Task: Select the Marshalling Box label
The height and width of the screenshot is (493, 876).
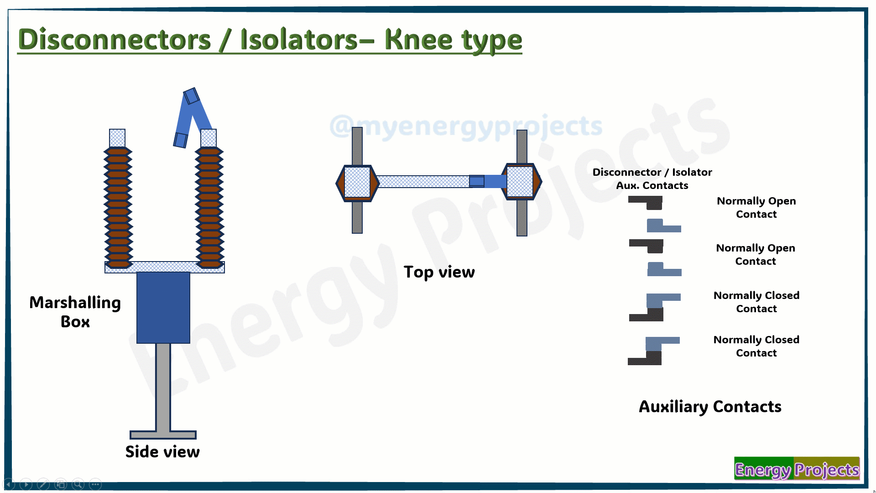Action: pyautogui.click(x=75, y=312)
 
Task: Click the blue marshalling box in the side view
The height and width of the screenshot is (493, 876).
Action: pyautogui.click(x=163, y=308)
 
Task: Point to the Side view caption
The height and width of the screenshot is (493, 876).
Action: pyautogui.click(x=162, y=451)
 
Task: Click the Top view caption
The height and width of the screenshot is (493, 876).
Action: pyautogui.click(x=439, y=272)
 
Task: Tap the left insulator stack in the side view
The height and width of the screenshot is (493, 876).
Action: pyautogui.click(x=118, y=207)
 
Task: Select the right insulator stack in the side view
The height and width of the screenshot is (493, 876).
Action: pyautogui.click(x=209, y=207)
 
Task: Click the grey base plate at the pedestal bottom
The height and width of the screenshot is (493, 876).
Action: pyautogui.click(x=163, y=435)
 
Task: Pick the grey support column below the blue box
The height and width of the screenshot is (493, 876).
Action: pyautogui.click(x=163, y=387)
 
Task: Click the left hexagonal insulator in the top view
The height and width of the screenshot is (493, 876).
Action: pyautogui.click(x=357, y=183)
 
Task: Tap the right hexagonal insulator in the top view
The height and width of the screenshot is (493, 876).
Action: pyautogui.click(x=521, y=182)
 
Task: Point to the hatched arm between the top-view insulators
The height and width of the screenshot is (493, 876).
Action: pyautogui.click(x=423, y=182)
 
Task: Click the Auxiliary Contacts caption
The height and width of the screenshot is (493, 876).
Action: pyautogui.click(x=710, y=407)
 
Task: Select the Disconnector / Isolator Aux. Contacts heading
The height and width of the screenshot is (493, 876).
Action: pyautogui.click(x=652, y=178)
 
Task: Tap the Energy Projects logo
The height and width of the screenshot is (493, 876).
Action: pyautogui.click(x=797, y=469)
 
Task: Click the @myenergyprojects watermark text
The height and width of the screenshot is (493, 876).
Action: pyautogui.click(x=466, y=126)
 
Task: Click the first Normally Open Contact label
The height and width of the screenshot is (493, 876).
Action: pyautogui.click(x=756, y=207)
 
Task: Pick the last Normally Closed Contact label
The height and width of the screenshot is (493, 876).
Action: pyautogui.click(x=756, y=346)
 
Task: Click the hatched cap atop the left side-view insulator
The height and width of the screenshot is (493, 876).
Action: pyautogui.click(x=117, y=138)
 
